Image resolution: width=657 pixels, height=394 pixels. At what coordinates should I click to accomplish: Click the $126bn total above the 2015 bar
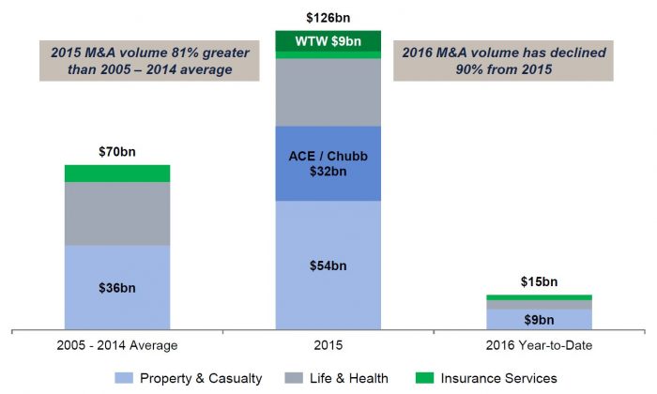click(328, 17)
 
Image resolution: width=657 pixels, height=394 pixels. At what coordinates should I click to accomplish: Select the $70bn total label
click(116, 152)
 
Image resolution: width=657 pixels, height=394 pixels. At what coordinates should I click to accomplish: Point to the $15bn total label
click(538, 281)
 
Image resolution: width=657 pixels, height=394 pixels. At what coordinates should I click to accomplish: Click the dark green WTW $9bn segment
click(328, 40)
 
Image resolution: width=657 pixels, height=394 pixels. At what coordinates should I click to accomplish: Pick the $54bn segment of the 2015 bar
click(328, 265)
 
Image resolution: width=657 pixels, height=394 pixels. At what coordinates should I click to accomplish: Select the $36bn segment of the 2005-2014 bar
click(116, 287)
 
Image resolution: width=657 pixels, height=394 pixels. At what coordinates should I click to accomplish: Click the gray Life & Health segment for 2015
click(328, 92)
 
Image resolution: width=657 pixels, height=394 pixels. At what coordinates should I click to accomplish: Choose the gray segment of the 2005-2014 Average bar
click(116, 214)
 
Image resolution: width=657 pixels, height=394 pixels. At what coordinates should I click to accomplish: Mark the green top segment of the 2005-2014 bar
click(116, 174)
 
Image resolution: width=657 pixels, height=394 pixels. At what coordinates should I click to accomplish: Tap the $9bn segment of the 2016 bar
click(538, 319)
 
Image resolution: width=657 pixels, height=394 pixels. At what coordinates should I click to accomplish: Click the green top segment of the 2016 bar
click(538, 297)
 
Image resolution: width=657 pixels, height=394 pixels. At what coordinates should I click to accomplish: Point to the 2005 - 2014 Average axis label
click(117, 346)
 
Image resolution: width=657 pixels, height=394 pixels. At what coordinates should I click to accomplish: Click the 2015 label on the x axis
click(328, 346)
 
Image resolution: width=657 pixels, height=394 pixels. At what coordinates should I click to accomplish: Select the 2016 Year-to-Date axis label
click(538, 346)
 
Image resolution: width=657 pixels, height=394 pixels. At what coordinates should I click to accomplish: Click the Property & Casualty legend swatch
click(124, 378)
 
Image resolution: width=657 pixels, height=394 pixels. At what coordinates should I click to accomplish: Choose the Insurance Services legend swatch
click(425, 378)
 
